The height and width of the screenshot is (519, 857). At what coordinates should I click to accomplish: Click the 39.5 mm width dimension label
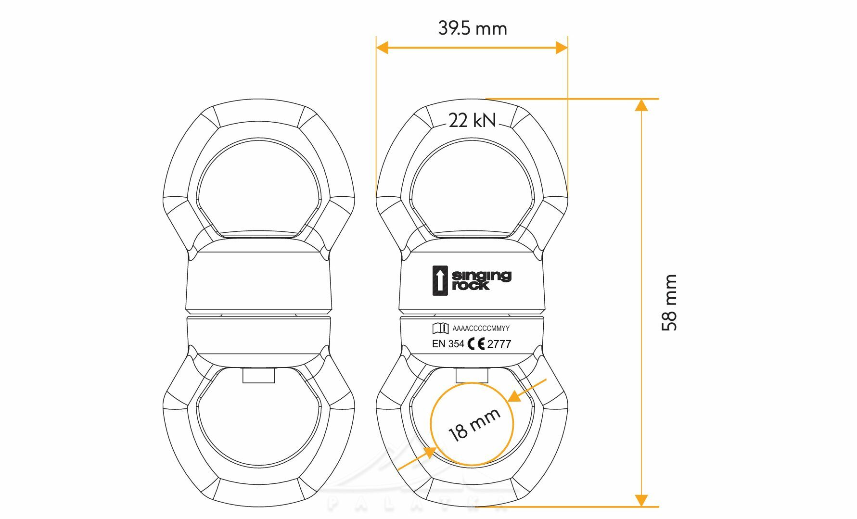click(x=473, y=28)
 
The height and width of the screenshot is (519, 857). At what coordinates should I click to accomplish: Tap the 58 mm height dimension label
click(x=669, y=303)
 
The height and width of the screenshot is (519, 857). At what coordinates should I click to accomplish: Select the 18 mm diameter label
click(x=474, y=425)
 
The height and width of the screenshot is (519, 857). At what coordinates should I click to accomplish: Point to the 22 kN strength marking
click(x=472, y=120)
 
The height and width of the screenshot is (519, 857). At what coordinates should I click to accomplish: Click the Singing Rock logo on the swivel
click(x=472, y=280)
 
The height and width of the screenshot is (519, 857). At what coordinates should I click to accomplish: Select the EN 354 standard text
click(x=448, y=344)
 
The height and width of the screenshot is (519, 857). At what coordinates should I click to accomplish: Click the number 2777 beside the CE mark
click(x=499, y=344)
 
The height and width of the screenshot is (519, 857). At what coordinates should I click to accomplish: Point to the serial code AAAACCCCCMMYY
click(x=481, y=329)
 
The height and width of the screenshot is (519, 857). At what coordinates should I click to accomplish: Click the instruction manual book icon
click(x=440, y=328)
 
